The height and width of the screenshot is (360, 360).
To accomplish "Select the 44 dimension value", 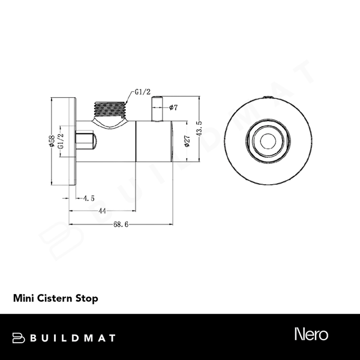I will click(x=102, y=211).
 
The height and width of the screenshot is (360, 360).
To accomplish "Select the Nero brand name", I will click(x=311, y=334).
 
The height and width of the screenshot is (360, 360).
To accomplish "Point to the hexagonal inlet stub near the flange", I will click(x=86, y=140).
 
